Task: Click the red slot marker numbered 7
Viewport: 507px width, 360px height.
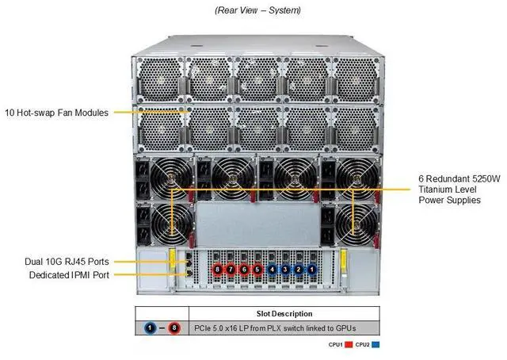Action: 231,270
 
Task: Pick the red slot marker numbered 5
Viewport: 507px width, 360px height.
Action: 257,270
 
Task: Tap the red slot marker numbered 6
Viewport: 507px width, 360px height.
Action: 243,270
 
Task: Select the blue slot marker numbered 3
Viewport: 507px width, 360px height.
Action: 285,270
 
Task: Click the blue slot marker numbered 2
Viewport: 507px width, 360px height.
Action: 298,270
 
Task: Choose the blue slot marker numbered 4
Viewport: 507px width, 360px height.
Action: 273,270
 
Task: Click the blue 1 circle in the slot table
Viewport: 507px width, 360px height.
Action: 151,327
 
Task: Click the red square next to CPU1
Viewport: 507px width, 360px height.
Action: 347,346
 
